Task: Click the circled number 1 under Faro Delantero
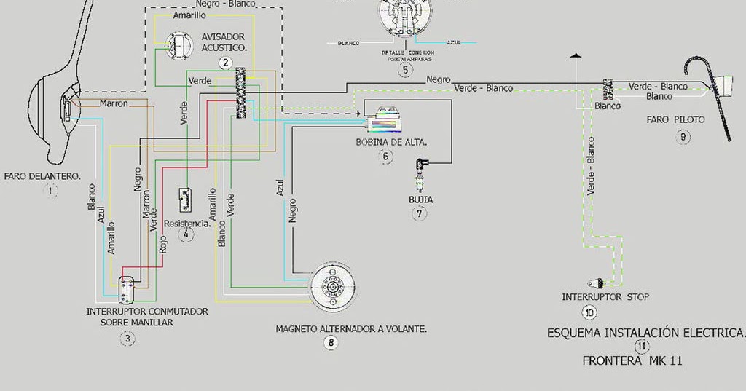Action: click(x=51, y=191)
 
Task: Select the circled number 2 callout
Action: click(x=226, y=63)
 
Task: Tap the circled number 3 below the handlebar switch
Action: click(x=127, y=338)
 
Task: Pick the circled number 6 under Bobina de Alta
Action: click(x=385, y=157)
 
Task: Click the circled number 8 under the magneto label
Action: click(x=332, y=342)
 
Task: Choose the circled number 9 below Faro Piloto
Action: click(x=683, y=136)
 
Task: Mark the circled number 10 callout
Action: click(x=589, y=312)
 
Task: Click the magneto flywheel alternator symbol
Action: click(x=333, y=286)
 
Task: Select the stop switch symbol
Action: click(x=595, y=283)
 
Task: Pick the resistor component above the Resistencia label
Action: click(x=186, y=199)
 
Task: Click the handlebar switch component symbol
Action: click(x=127, y=289)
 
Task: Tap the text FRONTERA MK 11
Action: click(x=632, y=360)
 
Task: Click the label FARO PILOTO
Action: click(x=675, y=119)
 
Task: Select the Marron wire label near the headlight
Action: click(x=114, y=103)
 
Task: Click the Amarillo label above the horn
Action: click(x=189, y=15)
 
